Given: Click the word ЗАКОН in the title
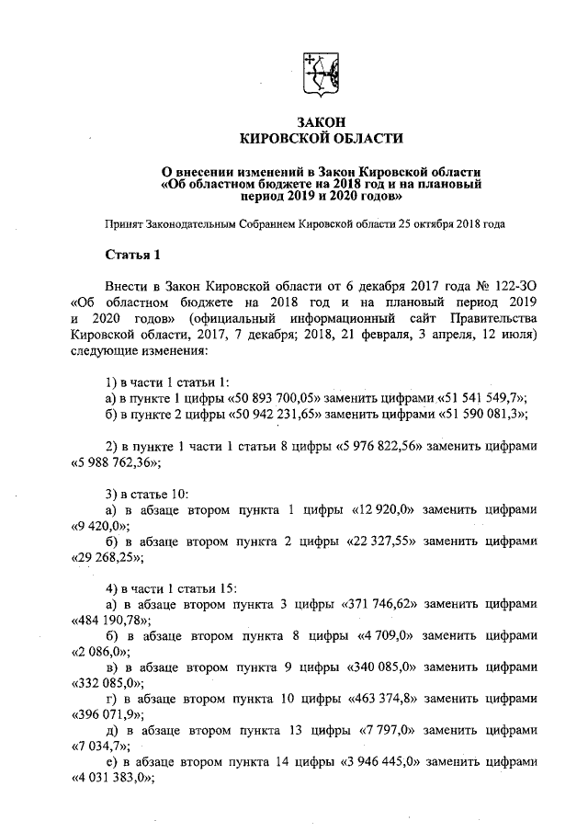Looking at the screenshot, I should (321, 121).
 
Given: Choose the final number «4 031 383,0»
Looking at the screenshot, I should (110, 779).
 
